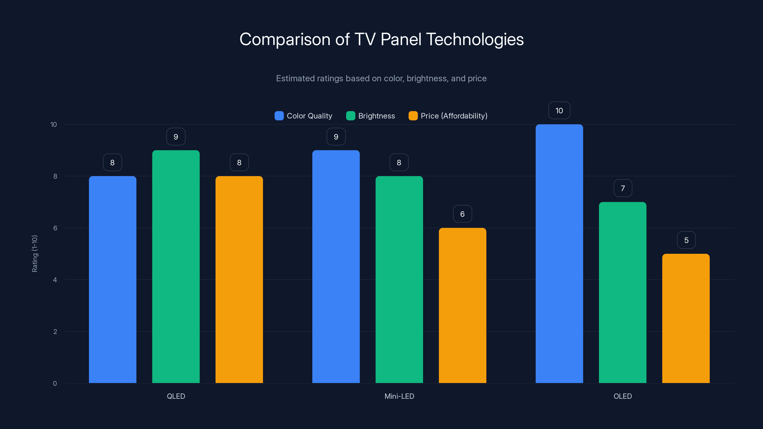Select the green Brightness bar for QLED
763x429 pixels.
click(x=176, y=266)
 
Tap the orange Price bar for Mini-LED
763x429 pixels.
click(x=462, y=305)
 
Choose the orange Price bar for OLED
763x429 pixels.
click(x=686, y=318)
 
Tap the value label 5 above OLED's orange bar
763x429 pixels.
click(x=686, y=240)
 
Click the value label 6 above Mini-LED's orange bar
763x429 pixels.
click(x=462, y=214)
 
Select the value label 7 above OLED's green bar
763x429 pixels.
click(x=623, y=188)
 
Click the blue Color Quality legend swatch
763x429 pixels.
click(x=279, y=116)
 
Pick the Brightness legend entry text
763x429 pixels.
click(x=376, y=116)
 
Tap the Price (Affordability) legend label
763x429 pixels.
click(x=454, y=116)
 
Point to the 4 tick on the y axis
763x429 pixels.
click(x=55, y=280)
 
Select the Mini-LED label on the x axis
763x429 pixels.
click(x=399, y=396)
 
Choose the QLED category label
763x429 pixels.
click(x=176, y=396)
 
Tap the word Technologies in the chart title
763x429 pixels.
click(x=475, y=39)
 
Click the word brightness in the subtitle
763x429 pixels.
click(x=427, y=78)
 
